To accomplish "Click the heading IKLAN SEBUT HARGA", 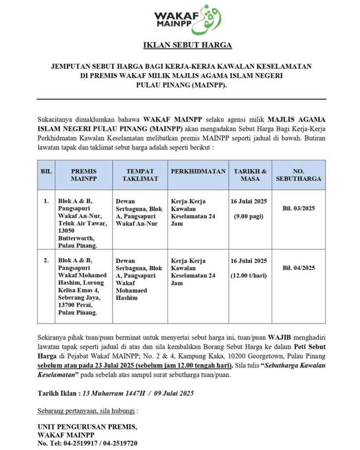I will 187,45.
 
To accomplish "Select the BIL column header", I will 46,171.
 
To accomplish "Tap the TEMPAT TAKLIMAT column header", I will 140,175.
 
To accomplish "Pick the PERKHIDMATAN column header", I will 198,171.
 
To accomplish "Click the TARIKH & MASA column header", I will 250,175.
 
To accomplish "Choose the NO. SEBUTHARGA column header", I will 298,175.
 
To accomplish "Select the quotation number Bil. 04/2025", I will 298,268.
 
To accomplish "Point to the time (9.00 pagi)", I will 249,216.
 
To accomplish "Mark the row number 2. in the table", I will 46,261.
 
